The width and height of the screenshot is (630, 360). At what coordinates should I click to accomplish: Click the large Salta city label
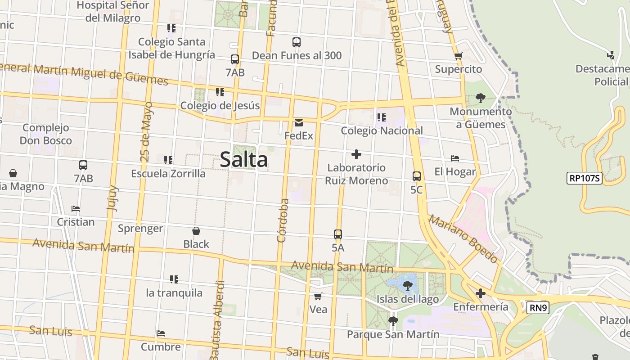point(244,160)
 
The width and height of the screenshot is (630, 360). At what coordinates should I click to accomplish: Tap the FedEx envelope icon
point(298,122)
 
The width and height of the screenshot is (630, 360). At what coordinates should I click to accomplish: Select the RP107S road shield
point(584,178)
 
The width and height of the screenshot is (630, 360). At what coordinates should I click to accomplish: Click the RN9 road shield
point(538,308)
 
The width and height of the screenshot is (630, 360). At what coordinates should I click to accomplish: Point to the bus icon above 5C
point(417,176)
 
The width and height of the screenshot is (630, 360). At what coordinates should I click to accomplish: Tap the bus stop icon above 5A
point(338,234)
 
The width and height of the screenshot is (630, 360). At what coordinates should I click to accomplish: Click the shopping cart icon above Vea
point(318,296)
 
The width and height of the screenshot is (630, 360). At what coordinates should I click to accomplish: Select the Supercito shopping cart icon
point(458,56)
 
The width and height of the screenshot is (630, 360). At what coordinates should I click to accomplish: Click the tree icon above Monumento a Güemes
point(480,98)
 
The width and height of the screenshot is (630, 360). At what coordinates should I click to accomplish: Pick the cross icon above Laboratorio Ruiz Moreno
point(356,154)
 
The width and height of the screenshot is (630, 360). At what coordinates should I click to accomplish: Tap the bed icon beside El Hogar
point(455,158)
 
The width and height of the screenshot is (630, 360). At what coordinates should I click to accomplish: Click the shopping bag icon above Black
point(196,231)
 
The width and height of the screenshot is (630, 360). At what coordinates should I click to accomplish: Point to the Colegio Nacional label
point(382,130)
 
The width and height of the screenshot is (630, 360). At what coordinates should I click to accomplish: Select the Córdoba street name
point(283,220)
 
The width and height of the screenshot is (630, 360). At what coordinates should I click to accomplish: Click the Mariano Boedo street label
point(463,238)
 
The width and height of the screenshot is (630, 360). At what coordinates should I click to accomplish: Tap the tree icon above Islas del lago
point(408,285)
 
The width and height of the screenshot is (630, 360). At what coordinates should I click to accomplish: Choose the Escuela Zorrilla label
point(168,173)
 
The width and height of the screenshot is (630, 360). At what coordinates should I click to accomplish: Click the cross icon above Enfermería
point(481,294)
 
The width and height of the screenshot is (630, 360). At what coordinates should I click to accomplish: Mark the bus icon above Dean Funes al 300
point(297,42)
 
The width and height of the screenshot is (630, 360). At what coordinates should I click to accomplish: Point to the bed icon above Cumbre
point(161,333)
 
